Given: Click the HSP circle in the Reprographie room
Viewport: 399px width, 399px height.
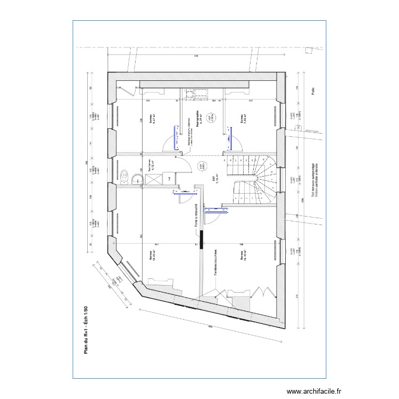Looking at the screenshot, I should [x=210, y=117].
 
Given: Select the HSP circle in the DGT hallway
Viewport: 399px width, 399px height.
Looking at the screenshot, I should [x=201, y=167].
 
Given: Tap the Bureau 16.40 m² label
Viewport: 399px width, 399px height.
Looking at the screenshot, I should [x=244, y=256].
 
